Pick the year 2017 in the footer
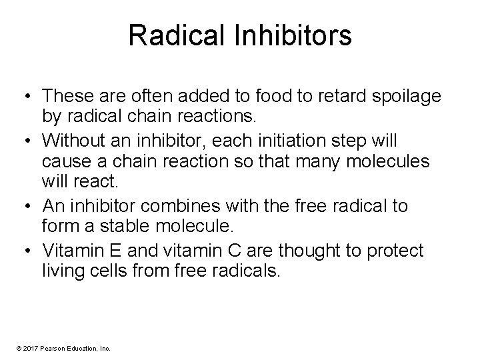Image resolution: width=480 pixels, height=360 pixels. click(x=31, y=348)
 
